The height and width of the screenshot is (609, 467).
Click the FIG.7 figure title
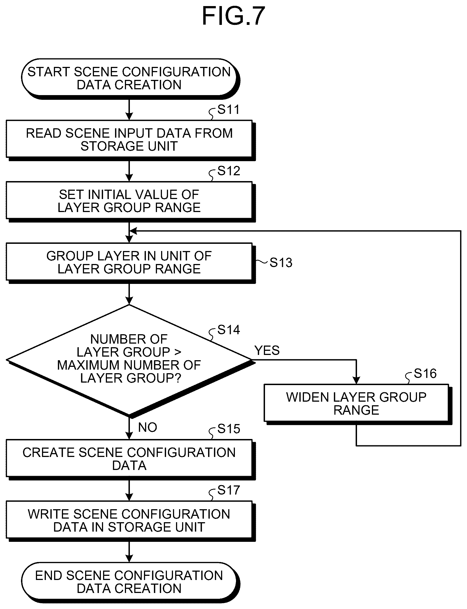(x=233, y=16)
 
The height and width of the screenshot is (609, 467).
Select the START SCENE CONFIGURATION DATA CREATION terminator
(x=131, y=79)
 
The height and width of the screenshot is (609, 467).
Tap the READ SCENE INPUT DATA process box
(x=131, y=140)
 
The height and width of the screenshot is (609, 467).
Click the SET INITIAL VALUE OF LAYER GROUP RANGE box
(x=131, y=202)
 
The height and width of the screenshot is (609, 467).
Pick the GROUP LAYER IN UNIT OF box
(x=131, y=263)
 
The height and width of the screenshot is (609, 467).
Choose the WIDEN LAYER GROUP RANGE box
(x=358, y=404)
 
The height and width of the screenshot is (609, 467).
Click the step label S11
(x=228, y=109)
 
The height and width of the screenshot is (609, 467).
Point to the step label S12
(x=229, y=171)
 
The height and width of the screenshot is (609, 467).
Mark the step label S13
(x=281, y=263)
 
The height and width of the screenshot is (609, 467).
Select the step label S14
(x=229, y=330)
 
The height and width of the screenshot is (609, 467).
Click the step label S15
(x=229, y=429)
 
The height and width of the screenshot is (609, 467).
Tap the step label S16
(x=425, y=373)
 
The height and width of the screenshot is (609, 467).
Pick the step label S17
(x=229, y=490)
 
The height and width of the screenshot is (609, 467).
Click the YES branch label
(x=267, y=350)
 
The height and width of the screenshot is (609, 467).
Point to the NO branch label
(x=148, y=427)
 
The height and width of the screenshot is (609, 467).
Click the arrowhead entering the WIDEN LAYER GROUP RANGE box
(x=356, y=380)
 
